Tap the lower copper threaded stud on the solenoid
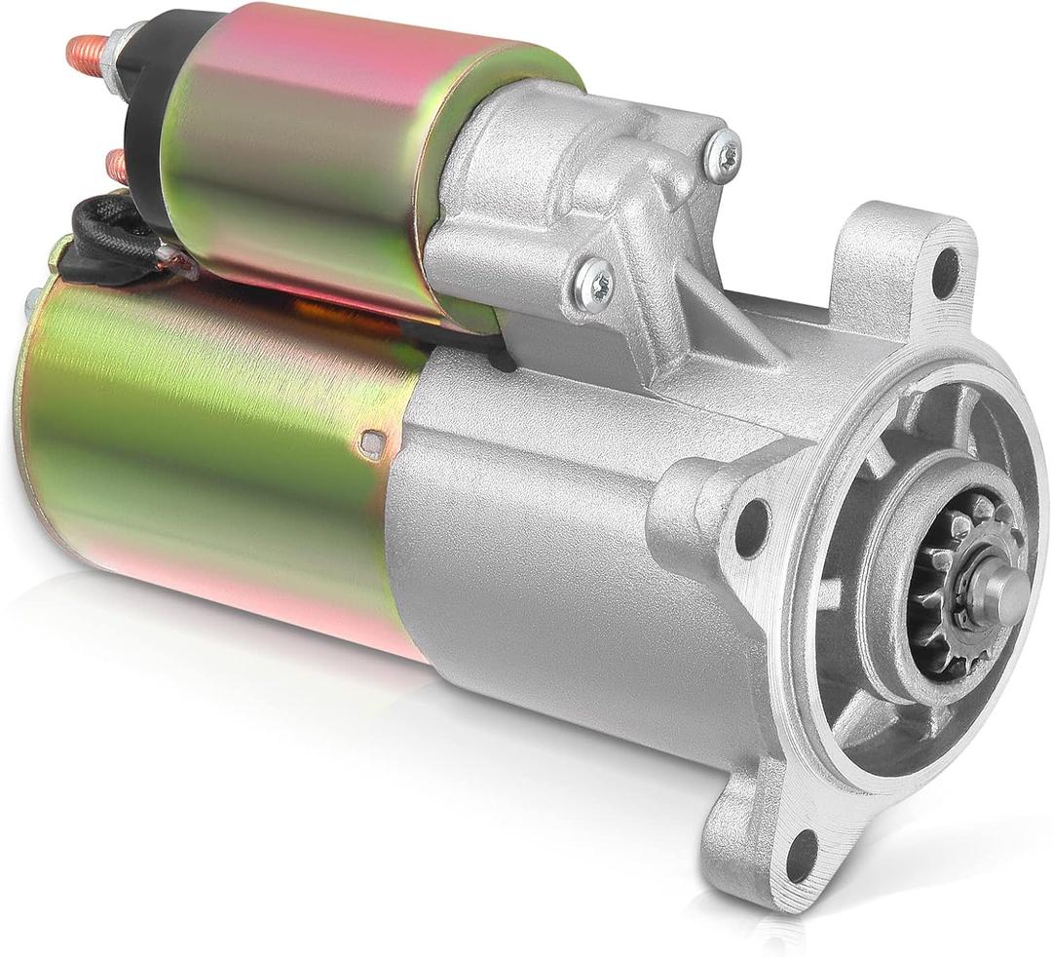(x=116, y=166)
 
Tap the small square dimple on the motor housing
(x=371, y=443)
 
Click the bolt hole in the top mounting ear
(x=944, y=272)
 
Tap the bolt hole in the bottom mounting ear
(x=801, y=854)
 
